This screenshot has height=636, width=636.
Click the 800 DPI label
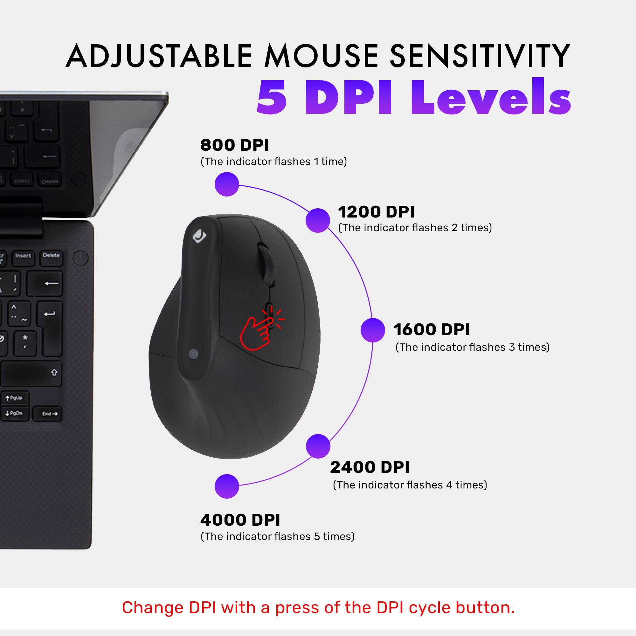(x=234, y=145)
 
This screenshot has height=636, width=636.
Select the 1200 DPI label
(x=376, y=212)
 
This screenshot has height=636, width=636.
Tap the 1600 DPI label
(x=431, y=329)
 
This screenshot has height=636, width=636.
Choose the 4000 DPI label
(x=240, y=520)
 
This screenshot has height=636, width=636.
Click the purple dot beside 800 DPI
(x=226, y=184)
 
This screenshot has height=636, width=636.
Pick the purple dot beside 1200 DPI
(x=318, y=221)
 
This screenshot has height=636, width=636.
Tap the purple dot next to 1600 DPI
(x=373, y=330)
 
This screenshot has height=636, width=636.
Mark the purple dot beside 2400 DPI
(x=318, y=446)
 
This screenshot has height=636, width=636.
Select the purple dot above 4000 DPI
(x=226, y=486)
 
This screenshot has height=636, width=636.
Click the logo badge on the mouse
(x=199, y=236)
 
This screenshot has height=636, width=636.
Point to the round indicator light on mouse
(x=194, y=354)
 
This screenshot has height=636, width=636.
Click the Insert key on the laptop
(x=23, y=256)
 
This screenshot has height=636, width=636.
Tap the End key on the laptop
(x=50, y=414)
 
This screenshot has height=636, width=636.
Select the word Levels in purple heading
(x=490, y=98)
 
